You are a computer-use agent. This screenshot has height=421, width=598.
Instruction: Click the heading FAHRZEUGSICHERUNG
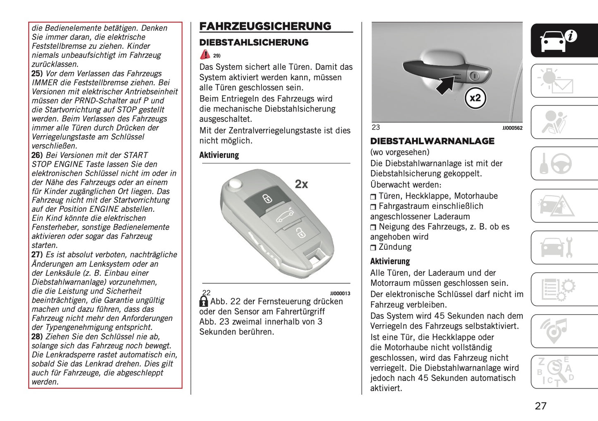pyautogui.click(x=265, y=26)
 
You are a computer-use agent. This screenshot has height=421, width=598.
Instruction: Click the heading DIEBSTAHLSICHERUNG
pyautogui.click(x=254, y=42)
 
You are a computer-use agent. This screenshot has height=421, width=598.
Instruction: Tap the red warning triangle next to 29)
pyautogui.click(x=205, y=55)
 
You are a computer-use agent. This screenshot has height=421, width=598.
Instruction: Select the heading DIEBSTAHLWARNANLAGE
pyautogui.click(x=432, y=141)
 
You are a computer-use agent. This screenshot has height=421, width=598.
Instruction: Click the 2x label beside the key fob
pyautogui.click(x=301, y=184)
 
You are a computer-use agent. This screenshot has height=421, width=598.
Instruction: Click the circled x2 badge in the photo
pyautogui.click(x=475, y=98)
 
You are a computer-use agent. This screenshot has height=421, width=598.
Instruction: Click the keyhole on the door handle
pyautogui.click(x=475, y=76)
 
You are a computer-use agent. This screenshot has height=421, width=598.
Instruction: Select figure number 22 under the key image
pyautogui.click(x=206, y=293)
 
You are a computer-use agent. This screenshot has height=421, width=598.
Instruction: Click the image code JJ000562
pyautogui.click(x=512, y=128)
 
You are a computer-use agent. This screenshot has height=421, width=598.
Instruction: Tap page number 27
pyautogui.click(x=540, y=406)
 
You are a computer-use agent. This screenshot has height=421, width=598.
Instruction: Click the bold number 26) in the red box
pyautogui.click(x=37, y=155)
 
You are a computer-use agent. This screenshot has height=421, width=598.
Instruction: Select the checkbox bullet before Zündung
pyautogui.click(x=373, y=248)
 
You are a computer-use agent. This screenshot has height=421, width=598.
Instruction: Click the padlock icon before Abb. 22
pyautogui.click(x=204, y=301)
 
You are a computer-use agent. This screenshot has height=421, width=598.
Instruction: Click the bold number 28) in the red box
pyautogui.click(x=37, y=337)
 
